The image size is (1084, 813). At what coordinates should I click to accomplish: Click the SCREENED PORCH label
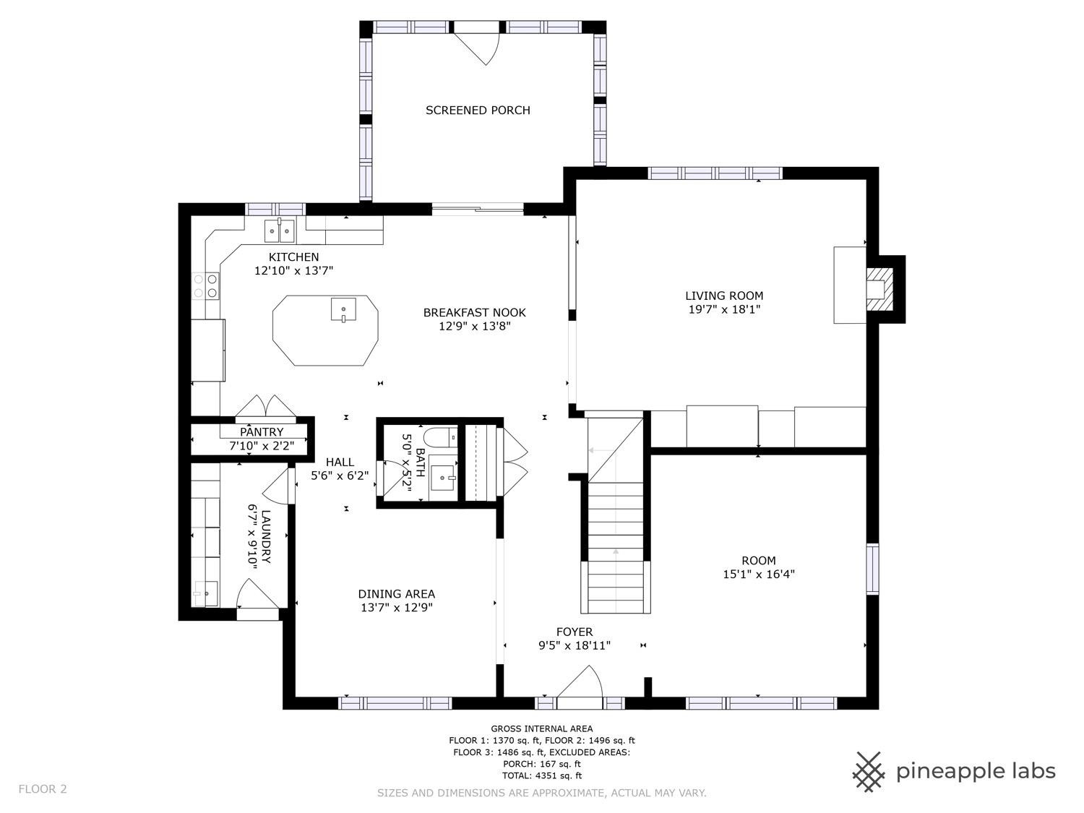(478, 111)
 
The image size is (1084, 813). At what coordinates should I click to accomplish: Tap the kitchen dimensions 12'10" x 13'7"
(293, 271)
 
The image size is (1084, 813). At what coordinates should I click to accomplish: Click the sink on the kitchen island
(344, 309)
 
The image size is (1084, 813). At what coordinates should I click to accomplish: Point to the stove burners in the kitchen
(205, 285)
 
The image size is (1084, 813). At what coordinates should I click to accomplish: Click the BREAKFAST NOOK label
(474, 313)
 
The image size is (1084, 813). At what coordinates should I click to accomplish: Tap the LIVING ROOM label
(724, 296)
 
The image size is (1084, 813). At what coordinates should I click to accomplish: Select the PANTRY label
(262, 432)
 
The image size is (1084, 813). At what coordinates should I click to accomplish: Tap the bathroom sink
(442, 477)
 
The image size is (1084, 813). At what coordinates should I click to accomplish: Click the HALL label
(340, 463)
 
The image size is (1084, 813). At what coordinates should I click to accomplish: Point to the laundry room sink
(205, 593)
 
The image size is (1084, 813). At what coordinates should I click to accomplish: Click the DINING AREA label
(397, 594)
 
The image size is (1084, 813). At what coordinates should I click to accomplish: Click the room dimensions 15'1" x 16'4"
(759, 575)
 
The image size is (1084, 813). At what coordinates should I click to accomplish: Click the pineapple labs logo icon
(869, 771)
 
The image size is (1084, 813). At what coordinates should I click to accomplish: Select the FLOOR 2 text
(43, 789)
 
